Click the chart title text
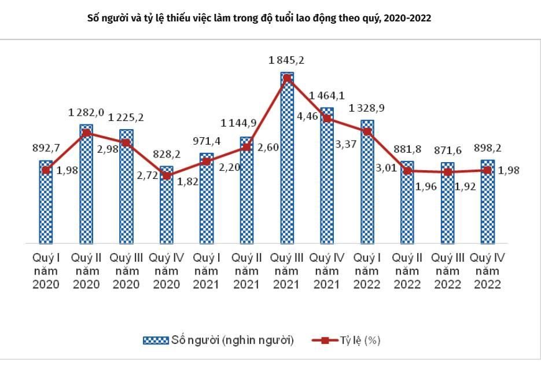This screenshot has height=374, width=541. (259, 18)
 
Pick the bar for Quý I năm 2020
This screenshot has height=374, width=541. (46, 203)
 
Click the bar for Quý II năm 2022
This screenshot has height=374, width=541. (407, 203)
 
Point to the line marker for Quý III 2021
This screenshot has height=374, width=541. (287, 78)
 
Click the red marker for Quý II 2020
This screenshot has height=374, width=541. (86, 133)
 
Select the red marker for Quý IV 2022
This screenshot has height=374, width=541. (488, 170)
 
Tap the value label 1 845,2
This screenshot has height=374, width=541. (286, 60)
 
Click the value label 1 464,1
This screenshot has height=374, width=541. (327, 95)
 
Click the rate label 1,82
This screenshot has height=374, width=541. (186, 181)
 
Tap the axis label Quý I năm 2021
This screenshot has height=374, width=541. (207, 270)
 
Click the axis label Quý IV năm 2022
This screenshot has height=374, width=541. (487, 270)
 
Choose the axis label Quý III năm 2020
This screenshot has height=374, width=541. (126, 270)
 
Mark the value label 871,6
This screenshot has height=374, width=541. (447, 150)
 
